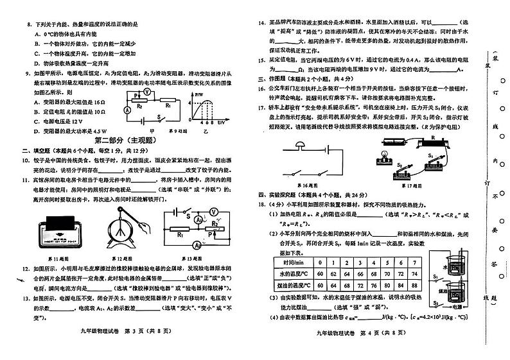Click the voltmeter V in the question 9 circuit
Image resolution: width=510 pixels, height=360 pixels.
(x=147, y=92)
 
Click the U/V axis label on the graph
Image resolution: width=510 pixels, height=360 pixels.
(x=222, y=122)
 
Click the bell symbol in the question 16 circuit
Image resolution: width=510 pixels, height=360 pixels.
(x=300, y=146)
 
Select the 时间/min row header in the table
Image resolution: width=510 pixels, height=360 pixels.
(x=297, y=263)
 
